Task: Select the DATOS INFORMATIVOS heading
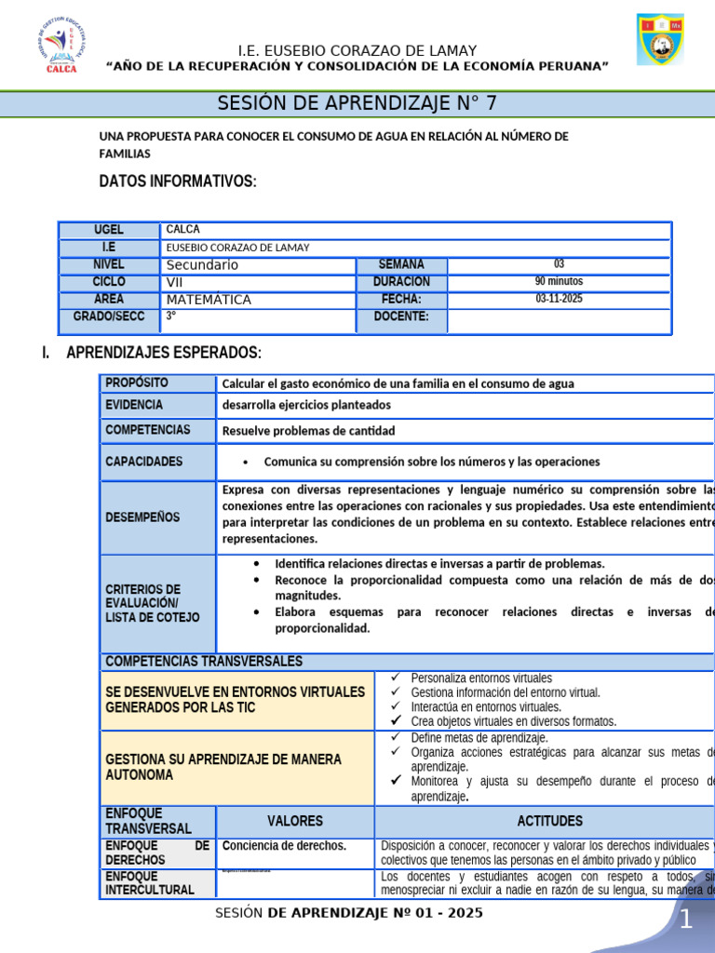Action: tap(177, 181)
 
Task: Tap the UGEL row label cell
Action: tap(109, 230)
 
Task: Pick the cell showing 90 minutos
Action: tap(559, 281)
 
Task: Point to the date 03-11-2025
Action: tap(559, 299)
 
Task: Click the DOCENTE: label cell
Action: tap(401, 316)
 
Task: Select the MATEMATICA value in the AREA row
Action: tap(209, 300)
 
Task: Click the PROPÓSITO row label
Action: tap(137, 383)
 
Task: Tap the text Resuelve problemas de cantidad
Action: tap(308, 431)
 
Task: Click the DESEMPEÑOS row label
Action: tap(142, 517)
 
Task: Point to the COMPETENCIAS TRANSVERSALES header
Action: tap(204, 661)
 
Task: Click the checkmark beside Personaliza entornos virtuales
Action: tap(395, 678)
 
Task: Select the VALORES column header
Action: tap(295, 821)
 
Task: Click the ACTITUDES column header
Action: tap(549, 821)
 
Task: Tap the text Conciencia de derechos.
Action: tap(284, 846)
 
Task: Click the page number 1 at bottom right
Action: tap(685, 920)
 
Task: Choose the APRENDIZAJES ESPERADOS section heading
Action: tap(163, 353)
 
